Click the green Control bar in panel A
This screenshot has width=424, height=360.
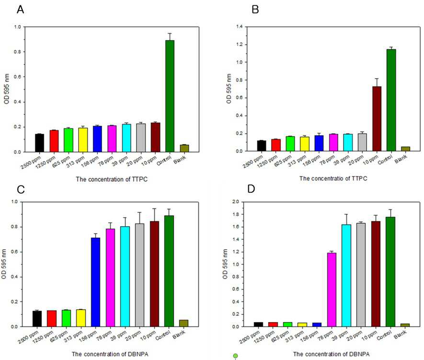click(170, 96)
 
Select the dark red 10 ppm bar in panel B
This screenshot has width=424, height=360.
click(377, 119)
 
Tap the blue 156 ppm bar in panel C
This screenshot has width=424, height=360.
click(95, 282)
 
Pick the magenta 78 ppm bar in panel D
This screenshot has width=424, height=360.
click(332, 290)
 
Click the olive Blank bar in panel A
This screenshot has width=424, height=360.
click(184, 148)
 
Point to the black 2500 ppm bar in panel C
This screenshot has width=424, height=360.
click(37, 319)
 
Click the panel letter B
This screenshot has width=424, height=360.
click(255, 10)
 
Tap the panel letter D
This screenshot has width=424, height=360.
click(251, 188)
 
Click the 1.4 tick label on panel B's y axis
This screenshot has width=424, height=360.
click(240, 26)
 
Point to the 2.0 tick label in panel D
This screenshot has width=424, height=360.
click(236, 202)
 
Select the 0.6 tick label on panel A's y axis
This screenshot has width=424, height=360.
click(17, 77)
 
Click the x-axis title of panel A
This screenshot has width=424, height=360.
click(112, 179)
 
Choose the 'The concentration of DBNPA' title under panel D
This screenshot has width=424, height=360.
click(331, 354)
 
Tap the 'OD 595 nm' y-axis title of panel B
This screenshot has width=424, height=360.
click(229, 89)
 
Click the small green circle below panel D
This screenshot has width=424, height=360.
click(235, 356)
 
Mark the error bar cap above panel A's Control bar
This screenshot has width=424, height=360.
click(170, 33)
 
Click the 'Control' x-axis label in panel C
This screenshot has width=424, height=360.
click(163, 335)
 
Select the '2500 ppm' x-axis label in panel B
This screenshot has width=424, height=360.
click(252, 162)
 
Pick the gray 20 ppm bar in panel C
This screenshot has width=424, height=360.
click(139, 275)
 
